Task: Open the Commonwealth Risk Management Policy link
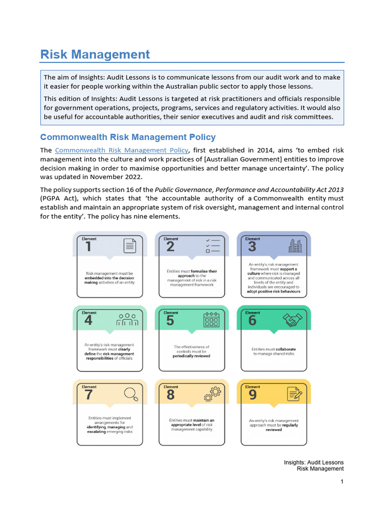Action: pos(121,150)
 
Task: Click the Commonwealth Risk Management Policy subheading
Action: pos(127,137)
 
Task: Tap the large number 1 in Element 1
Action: pos(88,247)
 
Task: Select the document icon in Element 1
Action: pos(129,245)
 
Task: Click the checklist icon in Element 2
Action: pos(212,245)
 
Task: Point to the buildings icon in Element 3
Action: pos(295,245)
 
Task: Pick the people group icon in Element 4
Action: pos(127,319)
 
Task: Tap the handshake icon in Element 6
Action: pos(293,320)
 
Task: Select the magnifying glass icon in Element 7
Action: pos(130,394)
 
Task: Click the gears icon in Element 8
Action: pos(212,394)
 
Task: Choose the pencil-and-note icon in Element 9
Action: pos(294,394)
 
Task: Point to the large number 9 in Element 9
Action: pos(252,395)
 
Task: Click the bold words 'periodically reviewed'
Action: pos(191,356)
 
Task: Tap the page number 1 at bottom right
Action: pos(341,481)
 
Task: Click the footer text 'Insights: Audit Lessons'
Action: pos(313,462)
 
